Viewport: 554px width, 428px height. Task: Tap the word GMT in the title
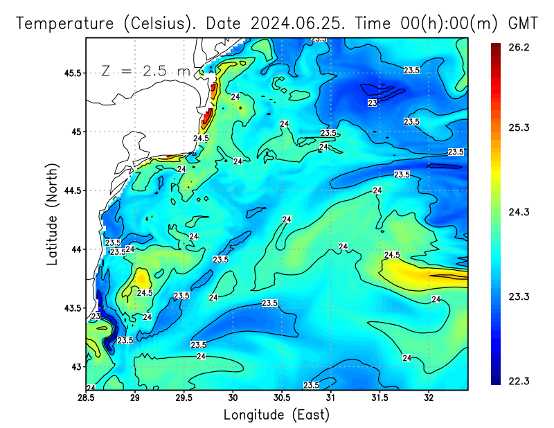[523, 23]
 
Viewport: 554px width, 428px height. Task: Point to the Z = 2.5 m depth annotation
[145, 71]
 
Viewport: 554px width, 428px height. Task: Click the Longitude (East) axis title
[276, 415]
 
